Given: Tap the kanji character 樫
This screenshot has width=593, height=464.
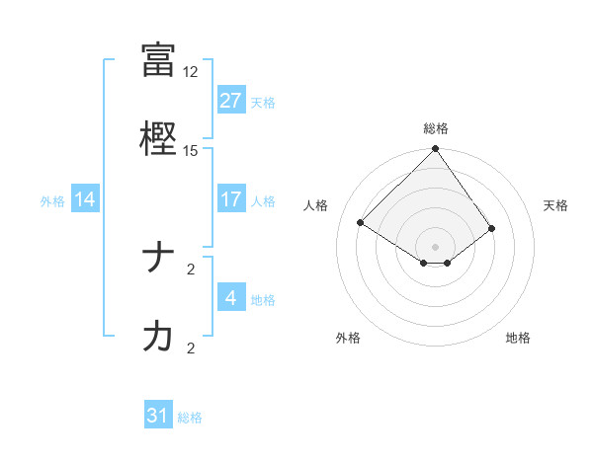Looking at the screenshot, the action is (158, 137).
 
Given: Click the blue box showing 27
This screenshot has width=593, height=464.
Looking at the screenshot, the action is (230, 101).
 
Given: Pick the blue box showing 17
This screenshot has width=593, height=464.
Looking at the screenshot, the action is (230, 199).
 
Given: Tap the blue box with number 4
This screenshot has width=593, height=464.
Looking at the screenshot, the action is (230, 298).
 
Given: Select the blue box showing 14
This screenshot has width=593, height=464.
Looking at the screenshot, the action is (85, 199).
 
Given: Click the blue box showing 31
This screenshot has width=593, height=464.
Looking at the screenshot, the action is (158, 416).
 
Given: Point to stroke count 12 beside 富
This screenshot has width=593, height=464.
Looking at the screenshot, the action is (191, 72).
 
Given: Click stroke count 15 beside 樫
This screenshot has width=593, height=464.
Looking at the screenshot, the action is (191, 151).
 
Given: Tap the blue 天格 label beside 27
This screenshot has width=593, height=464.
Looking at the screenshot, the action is (263, 102).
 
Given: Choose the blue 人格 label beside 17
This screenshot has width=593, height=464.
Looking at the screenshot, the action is (263, 200).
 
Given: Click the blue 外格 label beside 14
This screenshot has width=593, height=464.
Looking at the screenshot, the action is (52, 200).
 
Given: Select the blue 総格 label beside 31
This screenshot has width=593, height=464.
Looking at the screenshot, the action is (190, 417).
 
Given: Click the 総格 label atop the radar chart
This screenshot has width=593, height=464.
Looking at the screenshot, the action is (436, 128).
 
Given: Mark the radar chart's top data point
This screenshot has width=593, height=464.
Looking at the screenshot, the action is (436, 150).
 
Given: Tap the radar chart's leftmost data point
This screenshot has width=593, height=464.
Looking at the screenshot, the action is (361, 222).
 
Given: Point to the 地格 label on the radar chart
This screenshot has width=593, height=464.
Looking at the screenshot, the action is (518, 338).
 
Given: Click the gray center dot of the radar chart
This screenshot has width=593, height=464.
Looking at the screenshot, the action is (436, 246).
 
